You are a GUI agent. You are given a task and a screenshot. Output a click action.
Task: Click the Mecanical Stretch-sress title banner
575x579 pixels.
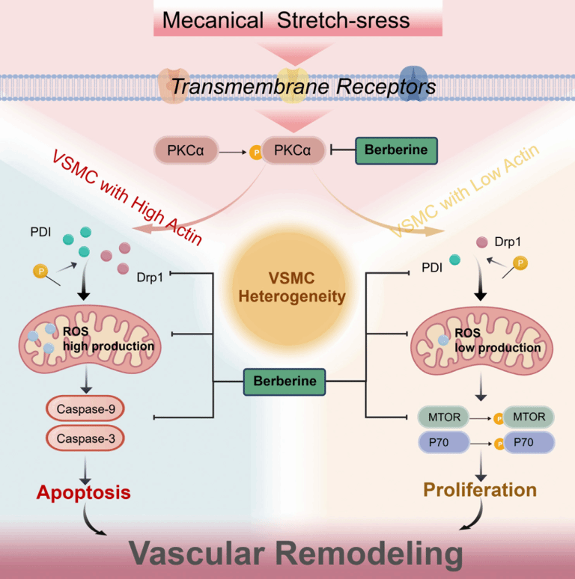(x=298, y=19)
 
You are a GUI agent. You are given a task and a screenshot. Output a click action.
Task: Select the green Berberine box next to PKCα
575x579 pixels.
(x=396, y=150)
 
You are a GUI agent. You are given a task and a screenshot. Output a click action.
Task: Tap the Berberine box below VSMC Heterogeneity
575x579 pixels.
(x=285, y=382)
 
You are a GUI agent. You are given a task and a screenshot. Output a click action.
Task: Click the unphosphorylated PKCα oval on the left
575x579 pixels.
(x=186, y=150)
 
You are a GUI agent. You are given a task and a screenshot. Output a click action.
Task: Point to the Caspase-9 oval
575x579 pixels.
(x=85, y=408)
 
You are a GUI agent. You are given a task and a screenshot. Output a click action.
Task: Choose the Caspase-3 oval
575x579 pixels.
(x=85, y=438)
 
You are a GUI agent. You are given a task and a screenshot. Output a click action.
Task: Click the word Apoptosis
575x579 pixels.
(x=84, y=492)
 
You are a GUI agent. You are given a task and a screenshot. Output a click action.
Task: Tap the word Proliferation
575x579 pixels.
(x=480, y=490)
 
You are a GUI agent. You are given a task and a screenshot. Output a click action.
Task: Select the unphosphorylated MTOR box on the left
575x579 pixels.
(x=444, y=417)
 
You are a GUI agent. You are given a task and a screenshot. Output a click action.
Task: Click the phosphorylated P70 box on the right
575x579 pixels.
(x=529, y=442)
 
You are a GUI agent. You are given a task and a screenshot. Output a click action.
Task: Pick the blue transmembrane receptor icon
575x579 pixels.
(x=413, y=84)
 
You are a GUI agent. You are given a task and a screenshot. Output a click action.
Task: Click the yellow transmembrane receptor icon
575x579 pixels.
(x=293, y=85)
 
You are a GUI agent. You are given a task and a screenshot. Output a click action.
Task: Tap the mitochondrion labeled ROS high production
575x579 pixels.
(x=90, y=339)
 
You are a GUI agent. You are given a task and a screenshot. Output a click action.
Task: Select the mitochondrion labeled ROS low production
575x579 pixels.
(x=482, y=340)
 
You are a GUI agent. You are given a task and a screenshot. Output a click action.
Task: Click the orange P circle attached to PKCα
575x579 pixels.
(x=256, y=152)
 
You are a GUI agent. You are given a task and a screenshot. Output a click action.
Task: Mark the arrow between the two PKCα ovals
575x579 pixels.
(x=233, y=152)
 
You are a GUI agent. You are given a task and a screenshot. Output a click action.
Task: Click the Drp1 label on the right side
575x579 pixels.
(x=508, y=242)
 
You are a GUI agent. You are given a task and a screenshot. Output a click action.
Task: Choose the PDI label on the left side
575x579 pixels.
(x=40, y=232)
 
